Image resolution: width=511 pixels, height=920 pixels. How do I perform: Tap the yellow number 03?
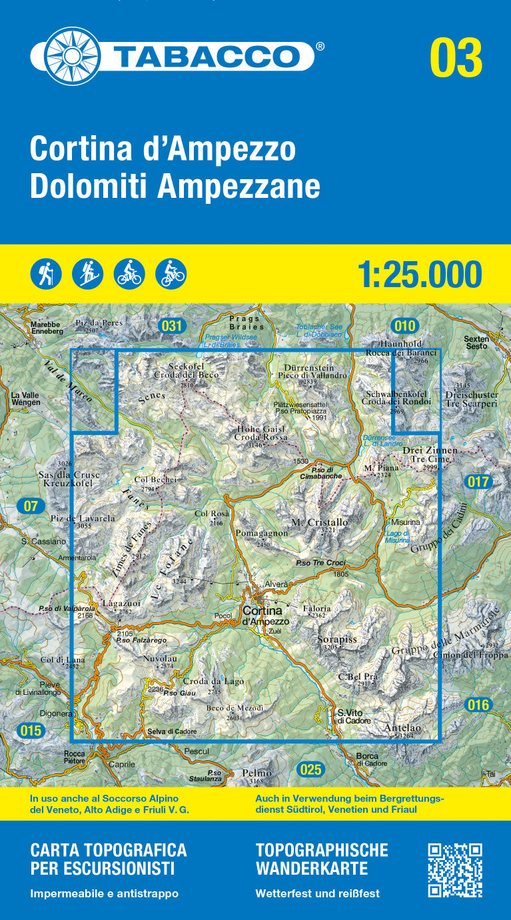pos(456,58)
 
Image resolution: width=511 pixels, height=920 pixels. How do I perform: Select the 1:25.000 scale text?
pos(420,274)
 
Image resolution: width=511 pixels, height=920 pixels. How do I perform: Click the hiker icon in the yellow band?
pos(46,274)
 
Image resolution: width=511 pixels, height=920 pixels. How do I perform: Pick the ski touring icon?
pos(88,274)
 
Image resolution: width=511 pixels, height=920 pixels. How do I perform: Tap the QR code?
pos(455,870)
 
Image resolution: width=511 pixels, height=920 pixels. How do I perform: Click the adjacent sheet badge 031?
pos(172,326)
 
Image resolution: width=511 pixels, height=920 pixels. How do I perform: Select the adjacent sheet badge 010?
pos(404,326)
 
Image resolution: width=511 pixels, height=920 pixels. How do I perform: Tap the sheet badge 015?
pos(31,731)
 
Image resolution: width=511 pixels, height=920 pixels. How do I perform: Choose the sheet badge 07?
pos(31,506)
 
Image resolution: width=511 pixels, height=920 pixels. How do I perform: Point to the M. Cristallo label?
pos(320,523)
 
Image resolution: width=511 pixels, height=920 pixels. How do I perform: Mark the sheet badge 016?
pos(478,705)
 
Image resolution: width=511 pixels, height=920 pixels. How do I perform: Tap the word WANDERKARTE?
pos(311,869)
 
